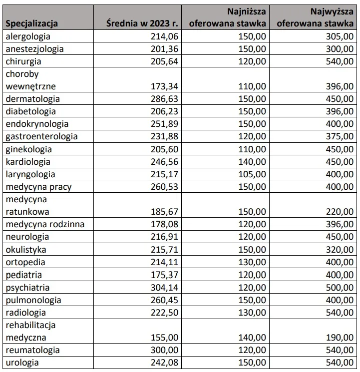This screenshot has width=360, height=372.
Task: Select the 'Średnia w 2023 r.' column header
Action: click(x=143, y=23)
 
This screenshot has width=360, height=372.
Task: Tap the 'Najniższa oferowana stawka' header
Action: click(x=228, y=17)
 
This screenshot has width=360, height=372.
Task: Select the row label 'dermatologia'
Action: click(x=32, y=99)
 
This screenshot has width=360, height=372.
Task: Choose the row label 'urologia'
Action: click(x=23, y=363)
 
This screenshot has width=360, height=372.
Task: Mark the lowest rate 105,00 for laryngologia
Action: click(x=252, y=174)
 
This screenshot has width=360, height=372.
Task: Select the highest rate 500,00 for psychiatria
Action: click(x=340, y=288)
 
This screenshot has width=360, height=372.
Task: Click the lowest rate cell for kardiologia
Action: click(x=252, y=162)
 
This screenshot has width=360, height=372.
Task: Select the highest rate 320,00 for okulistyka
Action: click(x=340, y=250)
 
